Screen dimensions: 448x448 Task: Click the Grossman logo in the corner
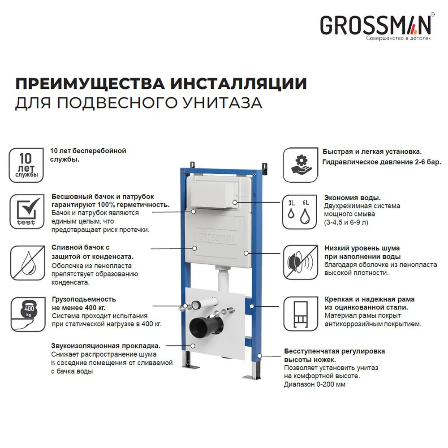pyautogui.click(x=375, y=26)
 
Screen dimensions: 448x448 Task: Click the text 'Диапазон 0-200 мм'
pyautogui.click(x=314, y=384)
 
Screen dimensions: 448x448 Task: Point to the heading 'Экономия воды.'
pyautogui.click(x=352, y=198)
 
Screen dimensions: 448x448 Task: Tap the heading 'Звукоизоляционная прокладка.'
pyautogui.click(x=106, y=346)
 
